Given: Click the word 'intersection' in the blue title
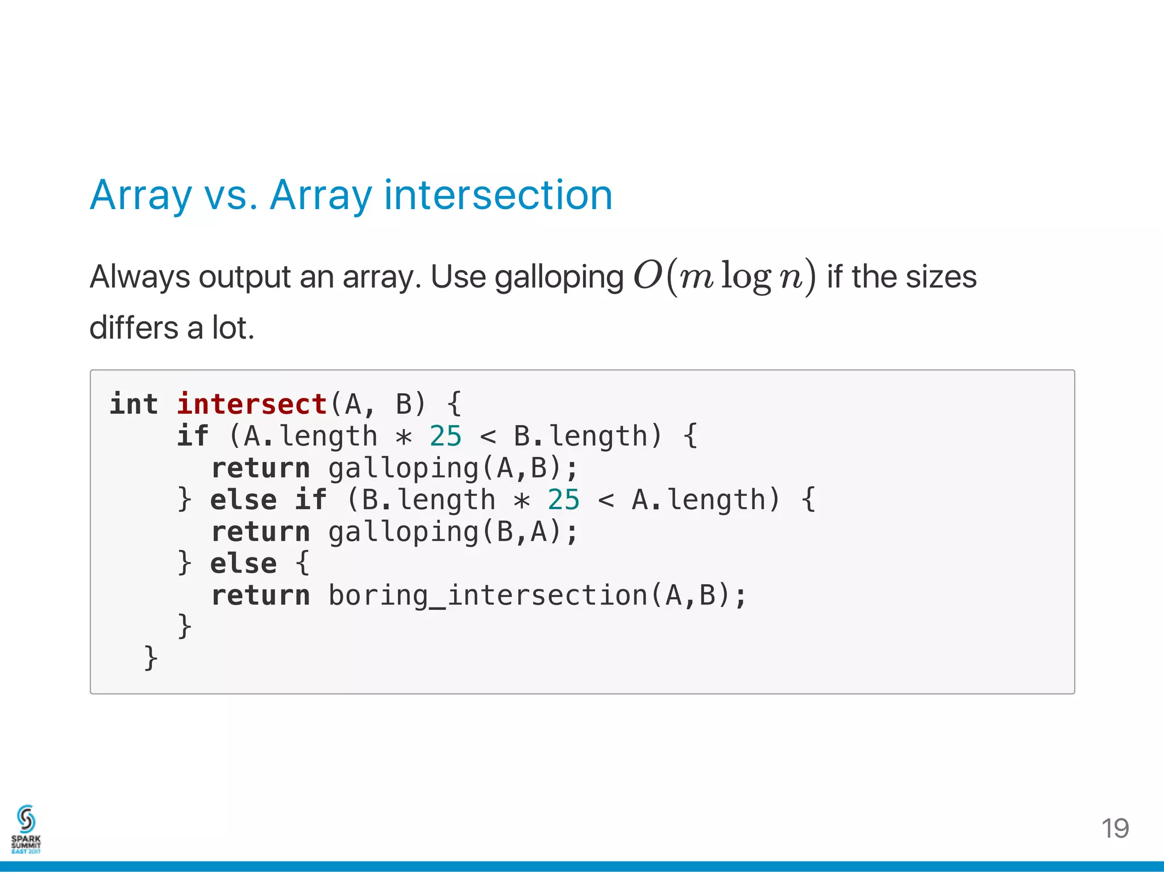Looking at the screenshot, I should pos(498,195).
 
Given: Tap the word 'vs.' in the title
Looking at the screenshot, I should pos(231,195).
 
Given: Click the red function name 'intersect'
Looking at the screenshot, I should pos(252,405).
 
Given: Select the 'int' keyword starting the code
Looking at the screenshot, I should pos(134,405).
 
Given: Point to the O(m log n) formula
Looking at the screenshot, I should pos(725,277).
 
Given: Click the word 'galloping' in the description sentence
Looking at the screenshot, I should pos(559,278).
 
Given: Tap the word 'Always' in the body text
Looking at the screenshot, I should pos(140,278).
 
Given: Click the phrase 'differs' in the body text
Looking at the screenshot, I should pos(134,328).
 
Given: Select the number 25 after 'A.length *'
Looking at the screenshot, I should pos(446,436).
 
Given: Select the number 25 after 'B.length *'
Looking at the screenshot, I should pos(563,500).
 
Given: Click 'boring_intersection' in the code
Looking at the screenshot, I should pos(488,596).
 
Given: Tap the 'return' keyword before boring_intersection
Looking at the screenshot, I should pos(260,596).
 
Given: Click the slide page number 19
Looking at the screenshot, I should pos(1115,829).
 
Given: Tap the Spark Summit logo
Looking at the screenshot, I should pos(26,829).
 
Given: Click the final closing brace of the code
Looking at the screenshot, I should pos(151,658).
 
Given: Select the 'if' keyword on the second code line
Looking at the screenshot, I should pos(193,436).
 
